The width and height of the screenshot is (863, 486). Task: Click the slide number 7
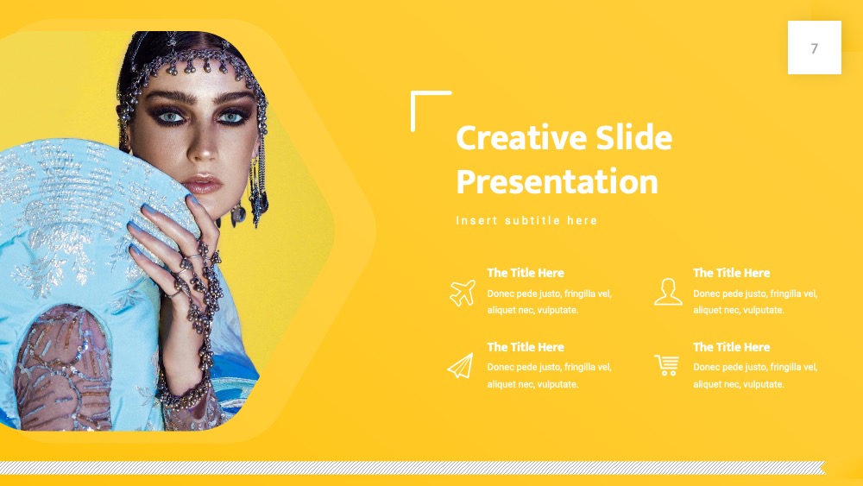click(815, 48)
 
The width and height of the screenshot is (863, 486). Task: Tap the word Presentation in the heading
click(557, 181)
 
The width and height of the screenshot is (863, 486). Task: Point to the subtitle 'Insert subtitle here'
click(526, 221)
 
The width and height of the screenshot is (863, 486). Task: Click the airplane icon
click(463, 293)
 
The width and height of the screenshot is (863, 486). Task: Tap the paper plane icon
click(461, 366)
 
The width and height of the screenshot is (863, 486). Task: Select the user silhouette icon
click(668, 292)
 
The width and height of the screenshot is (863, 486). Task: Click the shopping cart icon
click(667, 365)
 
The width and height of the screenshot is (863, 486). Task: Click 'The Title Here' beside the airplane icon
click(526, 273)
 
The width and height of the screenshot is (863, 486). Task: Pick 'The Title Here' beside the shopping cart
click(732, 347)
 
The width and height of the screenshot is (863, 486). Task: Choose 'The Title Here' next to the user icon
click(732, 273)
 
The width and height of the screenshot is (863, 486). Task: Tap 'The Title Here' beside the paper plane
click(526, 347)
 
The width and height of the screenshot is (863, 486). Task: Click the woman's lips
click(202, 184)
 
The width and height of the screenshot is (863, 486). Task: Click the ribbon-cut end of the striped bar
click(822, 468)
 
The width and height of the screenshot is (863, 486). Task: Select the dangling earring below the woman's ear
click(238, 214)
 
